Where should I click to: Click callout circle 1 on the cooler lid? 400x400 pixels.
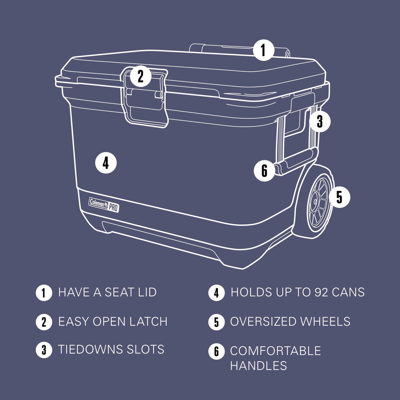point(263,50)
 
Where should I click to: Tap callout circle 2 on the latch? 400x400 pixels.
point(141,76)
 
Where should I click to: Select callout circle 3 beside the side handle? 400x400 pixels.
point(320,121)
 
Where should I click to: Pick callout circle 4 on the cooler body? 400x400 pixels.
point(106,163)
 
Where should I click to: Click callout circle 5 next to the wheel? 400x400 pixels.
point(339,197)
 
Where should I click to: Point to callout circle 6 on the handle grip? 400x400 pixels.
point(264,171)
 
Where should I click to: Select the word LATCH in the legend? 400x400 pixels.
point(148,322)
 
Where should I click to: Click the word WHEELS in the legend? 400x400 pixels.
point(325,322)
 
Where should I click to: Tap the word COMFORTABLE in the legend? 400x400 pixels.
point(275,351)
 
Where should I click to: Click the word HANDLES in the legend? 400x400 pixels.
point(259,366)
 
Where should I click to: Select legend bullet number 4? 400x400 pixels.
point(216,293)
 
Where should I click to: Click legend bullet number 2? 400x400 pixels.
point(44,322)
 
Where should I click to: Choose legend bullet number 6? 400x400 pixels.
point(216,352)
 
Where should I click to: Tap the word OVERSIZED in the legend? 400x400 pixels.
point(263,322)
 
